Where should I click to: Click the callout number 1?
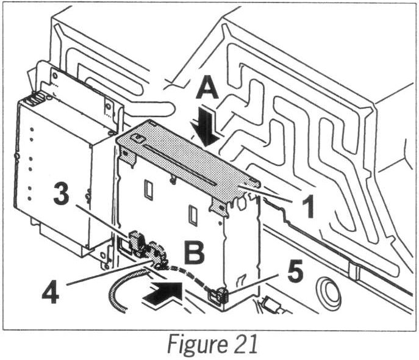(303, 206)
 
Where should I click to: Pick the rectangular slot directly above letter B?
(193, 215)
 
